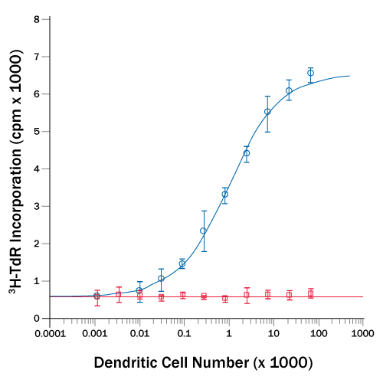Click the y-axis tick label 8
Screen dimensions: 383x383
pos(37,18)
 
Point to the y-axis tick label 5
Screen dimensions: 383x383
pos(37,131)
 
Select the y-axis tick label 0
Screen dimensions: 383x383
pos(37,318)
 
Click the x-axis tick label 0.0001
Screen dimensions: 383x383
pos(51,334)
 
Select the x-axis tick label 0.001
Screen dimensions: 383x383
pos(95,334)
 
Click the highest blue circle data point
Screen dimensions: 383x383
pos(310,73)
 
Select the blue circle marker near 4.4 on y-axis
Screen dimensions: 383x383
pos(247,153)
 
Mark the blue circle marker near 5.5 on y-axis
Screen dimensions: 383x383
pos(267,112)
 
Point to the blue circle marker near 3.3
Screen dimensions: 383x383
pos(224,194)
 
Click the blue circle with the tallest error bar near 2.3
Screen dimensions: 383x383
pos(203,231)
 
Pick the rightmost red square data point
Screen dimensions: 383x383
pos(310,293)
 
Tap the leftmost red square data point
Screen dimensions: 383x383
pos(97,296)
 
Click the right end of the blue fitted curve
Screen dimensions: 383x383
pos(350,76)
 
